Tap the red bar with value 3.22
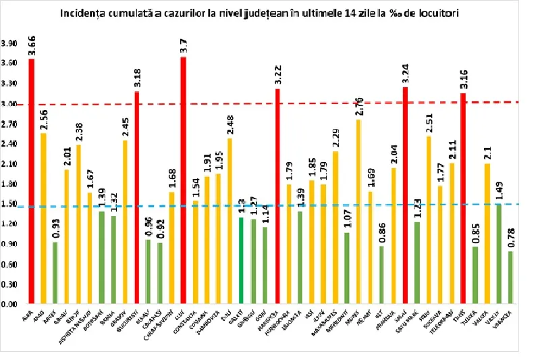(x=277, y=196)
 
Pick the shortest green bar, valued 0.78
(x=510, y=278)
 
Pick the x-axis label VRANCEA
(x=505, y=318)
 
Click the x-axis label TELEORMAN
(x=446, y=321)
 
